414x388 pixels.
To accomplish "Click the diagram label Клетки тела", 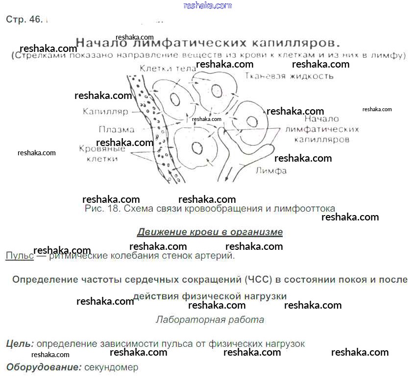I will [161, 69].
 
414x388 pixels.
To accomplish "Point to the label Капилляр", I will [105, 111].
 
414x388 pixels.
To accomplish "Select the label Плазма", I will [117, 130].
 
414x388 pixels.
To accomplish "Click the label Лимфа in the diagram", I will [271, 171].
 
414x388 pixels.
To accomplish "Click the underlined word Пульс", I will [20, 255].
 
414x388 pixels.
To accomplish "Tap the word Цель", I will [20, 344].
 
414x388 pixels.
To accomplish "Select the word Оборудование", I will [44, 367].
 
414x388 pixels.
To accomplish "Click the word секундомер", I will [111, 367].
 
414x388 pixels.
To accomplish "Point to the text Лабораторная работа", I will [210, 320].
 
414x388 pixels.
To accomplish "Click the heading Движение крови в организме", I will [210, 232].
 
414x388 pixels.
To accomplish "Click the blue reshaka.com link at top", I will [207, 5].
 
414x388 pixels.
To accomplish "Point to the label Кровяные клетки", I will [102, 154].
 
